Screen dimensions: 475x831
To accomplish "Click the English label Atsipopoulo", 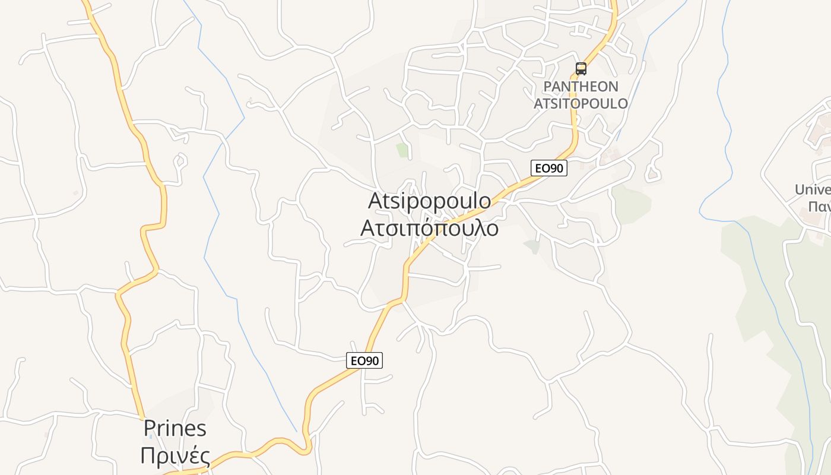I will tap(429, 201).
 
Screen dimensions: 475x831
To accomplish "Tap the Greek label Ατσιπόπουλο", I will tap(429, 228).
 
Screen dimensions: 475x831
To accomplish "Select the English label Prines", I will tap(175, 428).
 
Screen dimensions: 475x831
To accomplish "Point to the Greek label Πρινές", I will tap(175, 456).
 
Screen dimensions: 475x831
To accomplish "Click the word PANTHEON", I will tap(581, 87).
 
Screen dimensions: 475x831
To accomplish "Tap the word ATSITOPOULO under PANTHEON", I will tap(581, 103).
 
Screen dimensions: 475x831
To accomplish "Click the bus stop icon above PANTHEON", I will tap(581, 69).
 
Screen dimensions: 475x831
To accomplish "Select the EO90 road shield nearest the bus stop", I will tap(548, 168).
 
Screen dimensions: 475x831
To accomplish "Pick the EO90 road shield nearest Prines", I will tap(364, 360).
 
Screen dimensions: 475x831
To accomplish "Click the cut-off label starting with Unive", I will tap(813, 190).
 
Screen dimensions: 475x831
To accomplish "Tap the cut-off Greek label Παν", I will tap(819, 207).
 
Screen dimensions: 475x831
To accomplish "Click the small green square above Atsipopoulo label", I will tap(403, 150).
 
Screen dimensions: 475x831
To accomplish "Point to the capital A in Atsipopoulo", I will tap(375, 201).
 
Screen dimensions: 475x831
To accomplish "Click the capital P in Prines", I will tap(150, 428).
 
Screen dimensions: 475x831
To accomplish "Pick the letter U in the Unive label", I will tap(801, 190).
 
